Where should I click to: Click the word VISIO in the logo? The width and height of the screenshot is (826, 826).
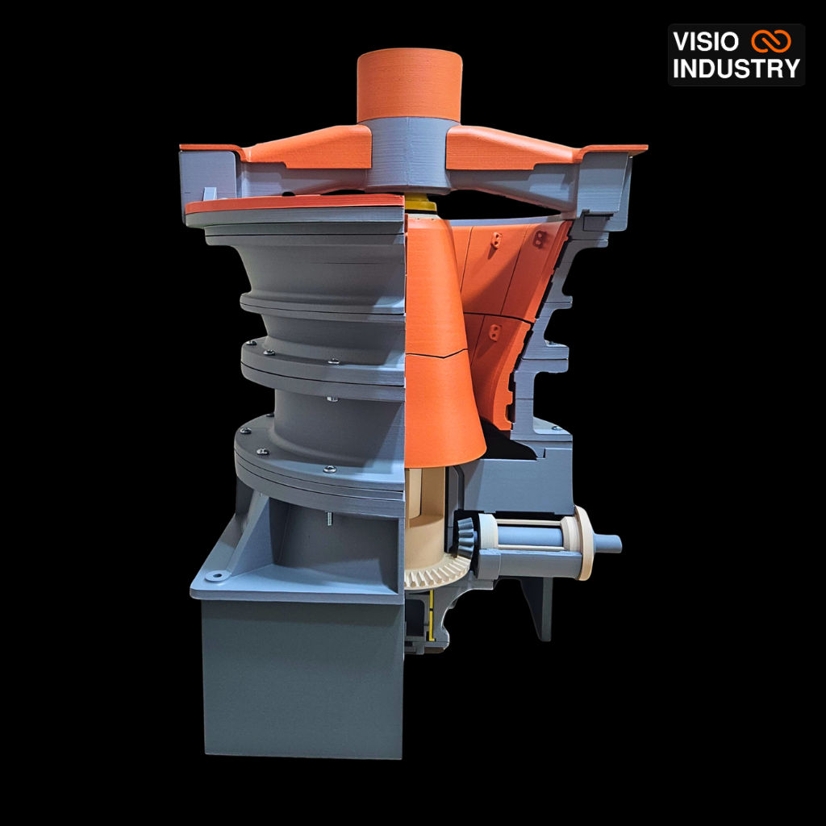(x=705, y=42)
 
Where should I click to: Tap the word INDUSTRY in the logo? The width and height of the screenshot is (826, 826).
(x=736, y=69)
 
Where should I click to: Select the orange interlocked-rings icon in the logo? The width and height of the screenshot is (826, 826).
(x=771, y=41)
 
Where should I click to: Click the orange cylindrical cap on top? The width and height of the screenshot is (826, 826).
(x=409, y=86)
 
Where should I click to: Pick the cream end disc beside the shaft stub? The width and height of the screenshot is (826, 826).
(x=583, y=543)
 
